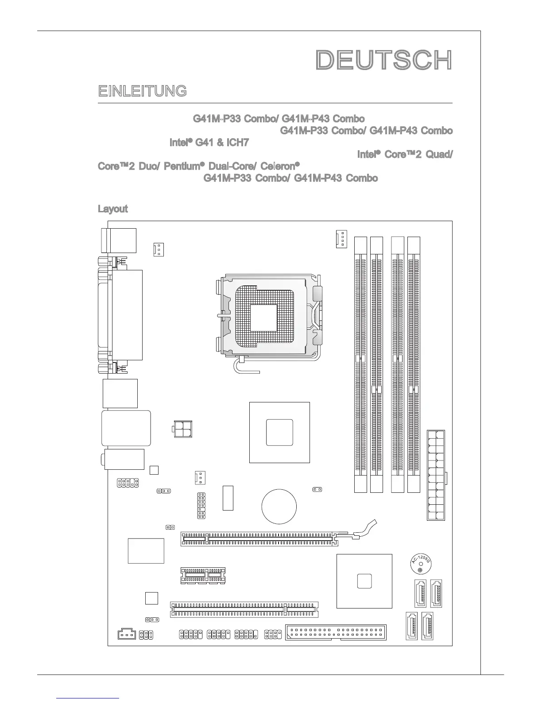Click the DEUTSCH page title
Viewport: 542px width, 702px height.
click(x=384, y=60)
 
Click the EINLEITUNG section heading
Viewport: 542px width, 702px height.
click(x=142, y=91)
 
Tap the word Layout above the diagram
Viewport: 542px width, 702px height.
click(x=112, y=209)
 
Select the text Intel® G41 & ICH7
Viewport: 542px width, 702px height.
click(x=209, y=143)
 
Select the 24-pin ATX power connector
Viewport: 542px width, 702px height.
click(x=436, y=475)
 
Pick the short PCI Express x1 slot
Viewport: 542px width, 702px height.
click(x=203, y=575)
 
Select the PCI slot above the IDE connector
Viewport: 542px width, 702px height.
click(x=244, y=609)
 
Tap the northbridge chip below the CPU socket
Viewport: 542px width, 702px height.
click(x=279, y=432)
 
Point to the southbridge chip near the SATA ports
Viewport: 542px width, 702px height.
click(x=364, y=581)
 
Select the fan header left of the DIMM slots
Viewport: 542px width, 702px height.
click(x=341, y=239)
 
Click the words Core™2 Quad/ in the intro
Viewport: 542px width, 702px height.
click(x=405, y=155)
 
